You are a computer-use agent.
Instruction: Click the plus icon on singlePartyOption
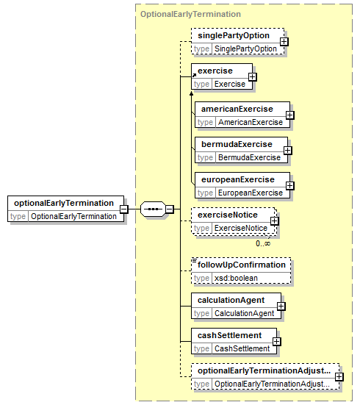coord(284,42)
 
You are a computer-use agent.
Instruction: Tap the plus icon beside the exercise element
coord(252,77)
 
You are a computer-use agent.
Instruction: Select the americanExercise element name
coord(237,109)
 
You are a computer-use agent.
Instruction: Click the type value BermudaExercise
coord(249,157)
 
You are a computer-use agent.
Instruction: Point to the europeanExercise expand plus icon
coord(289,185)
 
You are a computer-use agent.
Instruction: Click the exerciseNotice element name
coord(228,215)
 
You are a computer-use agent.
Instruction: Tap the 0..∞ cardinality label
coord(263,243)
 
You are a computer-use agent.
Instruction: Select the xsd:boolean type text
coord(236,278)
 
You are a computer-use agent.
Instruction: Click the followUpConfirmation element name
coord(242,265)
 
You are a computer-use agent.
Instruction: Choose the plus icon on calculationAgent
coord(281,307)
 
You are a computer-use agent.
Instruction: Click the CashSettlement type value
coord(242,348)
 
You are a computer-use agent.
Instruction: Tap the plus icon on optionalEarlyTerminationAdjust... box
coord(339,377)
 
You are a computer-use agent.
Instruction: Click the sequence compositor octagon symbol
coord(153,209)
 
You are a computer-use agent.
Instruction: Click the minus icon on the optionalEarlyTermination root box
coord(124,209)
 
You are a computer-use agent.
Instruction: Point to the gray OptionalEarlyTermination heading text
coord(190,14)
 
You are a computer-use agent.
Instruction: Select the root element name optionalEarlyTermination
coord(64,203)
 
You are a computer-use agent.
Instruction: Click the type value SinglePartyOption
coord(245,49)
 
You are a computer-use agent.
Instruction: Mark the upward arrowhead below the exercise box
coord(191,93)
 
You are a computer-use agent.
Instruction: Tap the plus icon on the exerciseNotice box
coord(274,221)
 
